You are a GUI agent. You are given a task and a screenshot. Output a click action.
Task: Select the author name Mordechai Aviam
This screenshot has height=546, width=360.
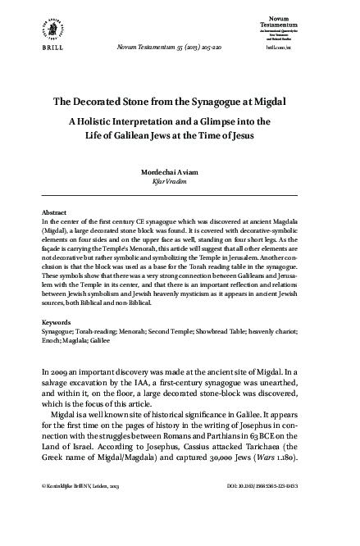179,174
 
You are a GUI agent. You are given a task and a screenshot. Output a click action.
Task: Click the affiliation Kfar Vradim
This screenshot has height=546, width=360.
179,183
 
